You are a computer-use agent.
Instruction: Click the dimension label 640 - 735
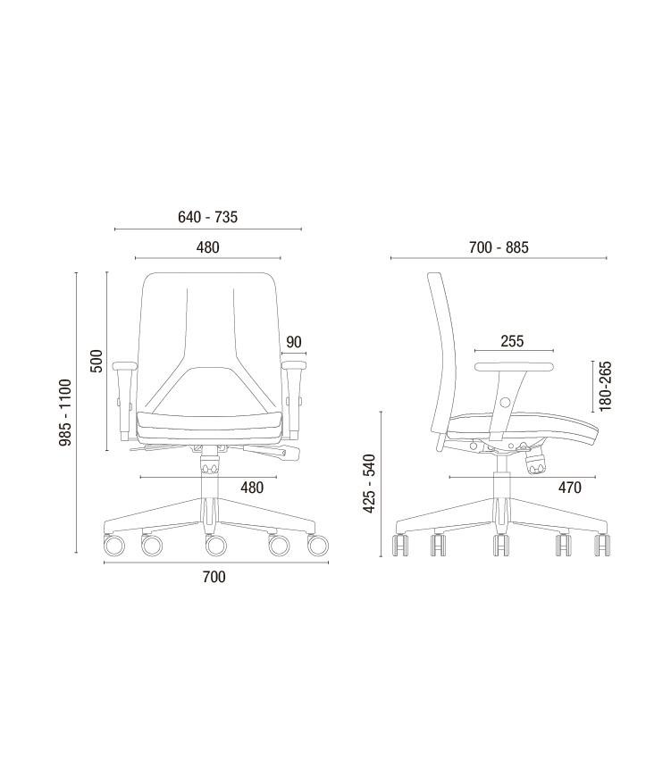(x=207, y=217)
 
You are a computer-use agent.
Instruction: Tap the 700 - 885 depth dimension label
(x=499, y=247)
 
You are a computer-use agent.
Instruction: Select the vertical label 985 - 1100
(x=65, y=413)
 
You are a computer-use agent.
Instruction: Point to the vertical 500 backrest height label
(x=97, y=361)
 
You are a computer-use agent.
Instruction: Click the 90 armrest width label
(x=294, y=342)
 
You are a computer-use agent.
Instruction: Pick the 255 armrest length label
(x=512, y=341)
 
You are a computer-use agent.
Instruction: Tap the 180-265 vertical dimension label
(x=605, y=386)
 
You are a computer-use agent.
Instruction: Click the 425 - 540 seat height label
(x=370, y=484)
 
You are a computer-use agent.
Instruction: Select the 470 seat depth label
(x=570, y=487)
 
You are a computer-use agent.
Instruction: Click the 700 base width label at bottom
(x=214, y=577)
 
